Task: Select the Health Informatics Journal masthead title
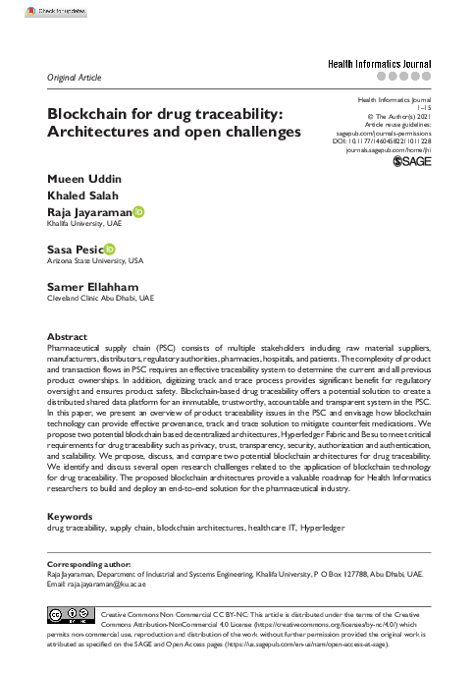point(379,63)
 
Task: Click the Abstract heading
point(68,336)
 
